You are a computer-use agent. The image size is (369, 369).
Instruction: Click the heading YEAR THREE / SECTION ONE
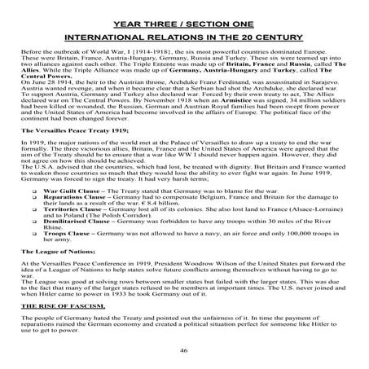(184, 14)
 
